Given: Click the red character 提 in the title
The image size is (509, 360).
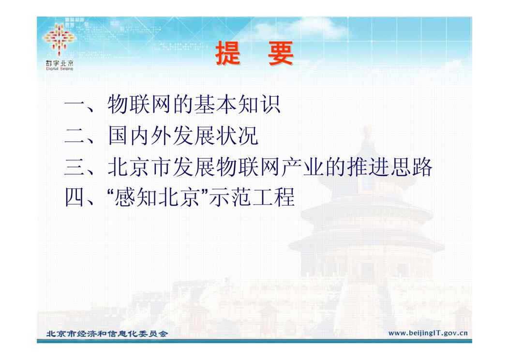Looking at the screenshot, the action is [x=228, y=53].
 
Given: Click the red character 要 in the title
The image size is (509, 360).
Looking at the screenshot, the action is [x=281, y=53].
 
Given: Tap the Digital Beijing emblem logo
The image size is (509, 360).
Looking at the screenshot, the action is [x=60, y=39].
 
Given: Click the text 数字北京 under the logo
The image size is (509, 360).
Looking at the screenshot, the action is [x=60, y=63].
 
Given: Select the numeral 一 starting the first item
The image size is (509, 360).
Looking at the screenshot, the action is [x=75, y=105].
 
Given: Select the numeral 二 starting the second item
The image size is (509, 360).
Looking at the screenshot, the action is [x=75, y=135].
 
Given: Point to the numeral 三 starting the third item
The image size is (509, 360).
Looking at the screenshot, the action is [x=75, y=167].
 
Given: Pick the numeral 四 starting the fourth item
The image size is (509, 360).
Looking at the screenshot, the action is [x=75, y=197].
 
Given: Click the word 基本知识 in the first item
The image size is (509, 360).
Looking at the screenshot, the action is [x=238, y=105].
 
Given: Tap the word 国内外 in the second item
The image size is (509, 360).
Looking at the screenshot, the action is [x=140, y=135].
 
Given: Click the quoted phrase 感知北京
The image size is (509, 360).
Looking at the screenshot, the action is [x=157, y=197].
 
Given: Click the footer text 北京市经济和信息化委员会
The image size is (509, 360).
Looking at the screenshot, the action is [x=107, y=334].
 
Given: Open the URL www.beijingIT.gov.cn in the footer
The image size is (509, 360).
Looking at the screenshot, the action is [x=428, y=333].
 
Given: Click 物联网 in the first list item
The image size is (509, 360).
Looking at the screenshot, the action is [x=140, y=105].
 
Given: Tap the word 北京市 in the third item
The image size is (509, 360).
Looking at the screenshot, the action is [x=140, y=167].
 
